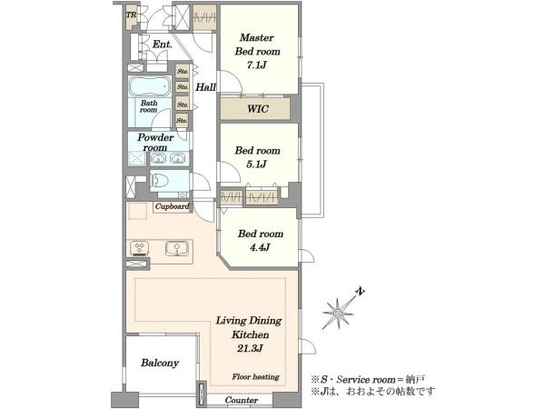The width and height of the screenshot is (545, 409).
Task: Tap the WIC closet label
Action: [x=258, y=109]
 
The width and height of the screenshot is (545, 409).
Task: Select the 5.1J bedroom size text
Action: [x=256, y=164]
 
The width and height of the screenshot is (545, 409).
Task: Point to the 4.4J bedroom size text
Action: [x=260, y=247]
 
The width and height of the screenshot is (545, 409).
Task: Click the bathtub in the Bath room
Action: [x=150, y=86]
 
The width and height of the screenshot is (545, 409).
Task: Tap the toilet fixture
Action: [x=160, y=181]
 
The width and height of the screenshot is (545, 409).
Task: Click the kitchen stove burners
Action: [x=140, y=248]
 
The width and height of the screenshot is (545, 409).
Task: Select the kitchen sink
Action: [x=177, y=248]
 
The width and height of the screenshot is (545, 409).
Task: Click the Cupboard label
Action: [x=172, y=206]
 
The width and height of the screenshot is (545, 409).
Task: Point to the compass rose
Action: [x=338, y=314]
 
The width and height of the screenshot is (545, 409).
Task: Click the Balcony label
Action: [x=160, y=363]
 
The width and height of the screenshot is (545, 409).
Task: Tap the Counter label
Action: [x=242, y=400]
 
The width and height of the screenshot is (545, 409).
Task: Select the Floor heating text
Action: [x=255, y=376]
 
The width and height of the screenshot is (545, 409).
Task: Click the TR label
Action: [x=131, y=15]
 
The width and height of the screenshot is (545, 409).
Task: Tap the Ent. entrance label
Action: [x=163, y=45]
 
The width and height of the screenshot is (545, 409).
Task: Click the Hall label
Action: [x=205, y=87]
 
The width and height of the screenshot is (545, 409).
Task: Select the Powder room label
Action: [x=155, y=143]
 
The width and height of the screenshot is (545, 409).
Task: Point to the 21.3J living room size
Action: [x=250, y=348]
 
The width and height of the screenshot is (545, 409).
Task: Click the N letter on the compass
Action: [x=361, y=292]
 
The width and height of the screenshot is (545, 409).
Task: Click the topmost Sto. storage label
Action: [x=183, y=71]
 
